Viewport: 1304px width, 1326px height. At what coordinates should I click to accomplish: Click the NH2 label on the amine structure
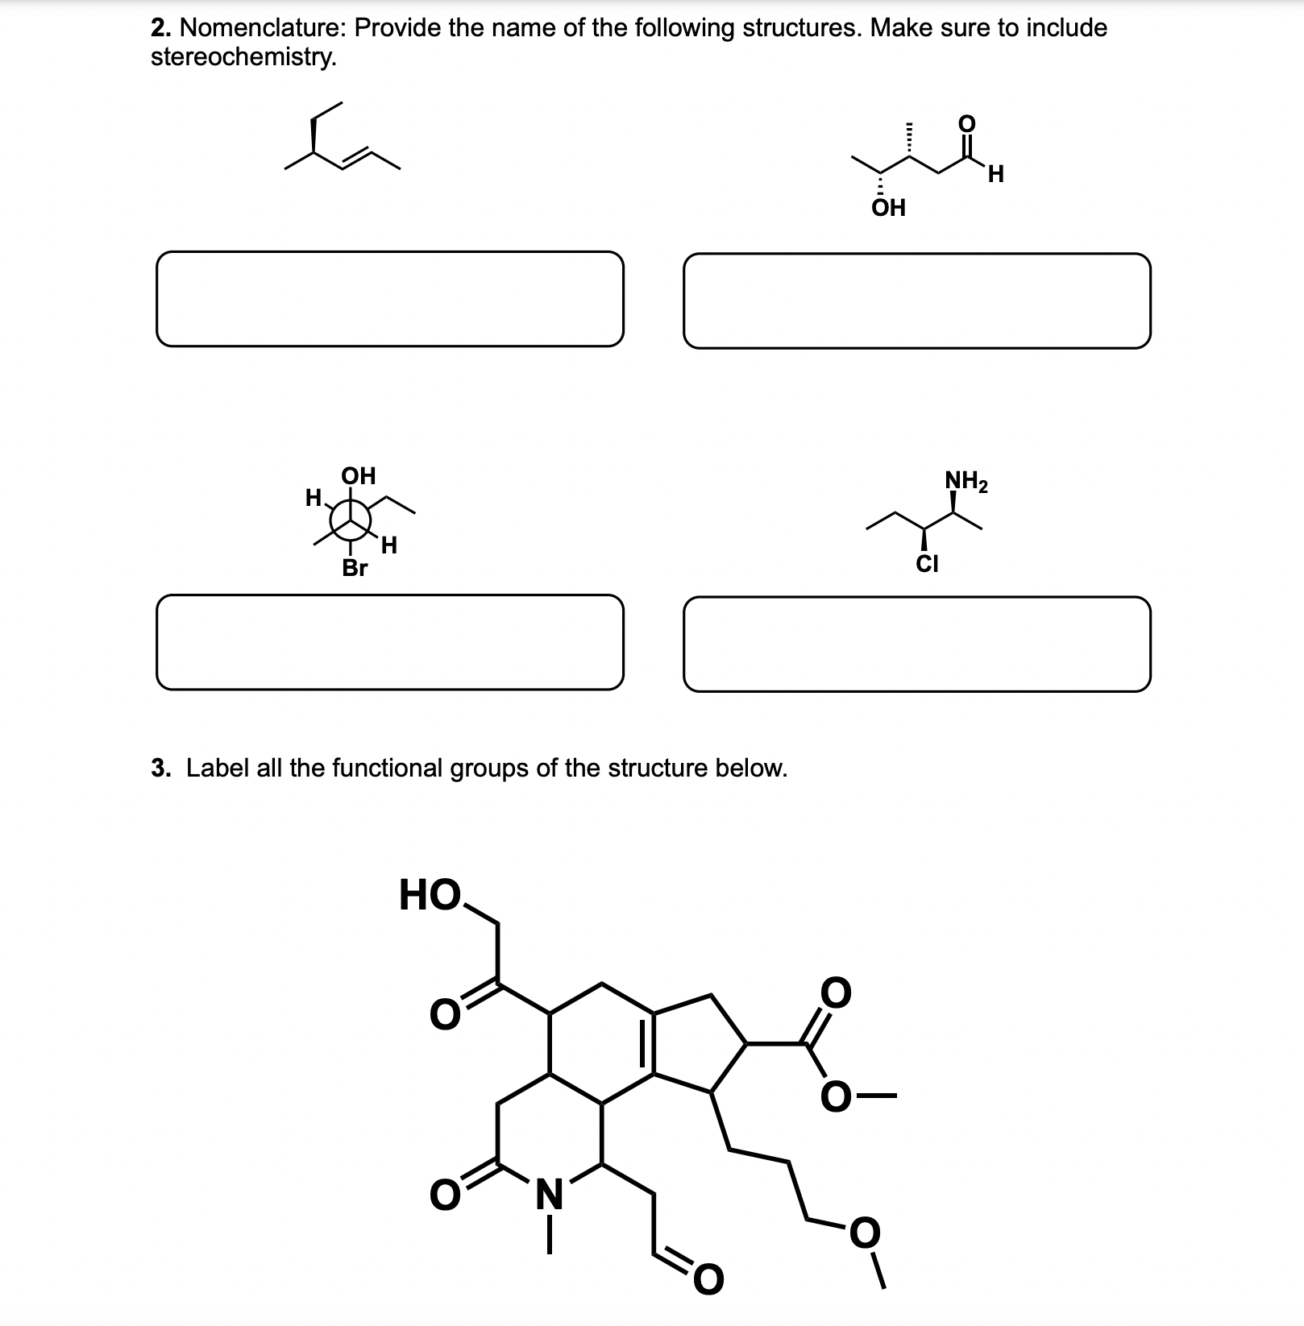966,483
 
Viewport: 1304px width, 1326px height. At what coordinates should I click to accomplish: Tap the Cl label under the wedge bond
927,563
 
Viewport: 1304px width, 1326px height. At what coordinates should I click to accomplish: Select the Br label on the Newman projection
355,568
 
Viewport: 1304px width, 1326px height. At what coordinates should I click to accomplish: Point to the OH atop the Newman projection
359,475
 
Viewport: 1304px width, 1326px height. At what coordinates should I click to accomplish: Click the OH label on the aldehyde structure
889,208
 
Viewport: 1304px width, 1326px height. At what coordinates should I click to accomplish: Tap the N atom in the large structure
550,1193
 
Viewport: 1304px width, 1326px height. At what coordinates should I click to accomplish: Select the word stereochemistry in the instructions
241,57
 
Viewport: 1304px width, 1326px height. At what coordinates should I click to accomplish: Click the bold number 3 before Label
160,768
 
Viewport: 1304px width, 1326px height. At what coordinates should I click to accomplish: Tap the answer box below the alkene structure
389,299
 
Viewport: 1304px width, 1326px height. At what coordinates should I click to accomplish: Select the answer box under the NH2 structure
916,644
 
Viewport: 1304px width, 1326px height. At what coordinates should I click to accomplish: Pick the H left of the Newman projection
314,498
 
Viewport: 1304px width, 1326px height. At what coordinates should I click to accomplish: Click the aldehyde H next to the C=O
996,173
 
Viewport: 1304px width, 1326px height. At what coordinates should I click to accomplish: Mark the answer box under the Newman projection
389,642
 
